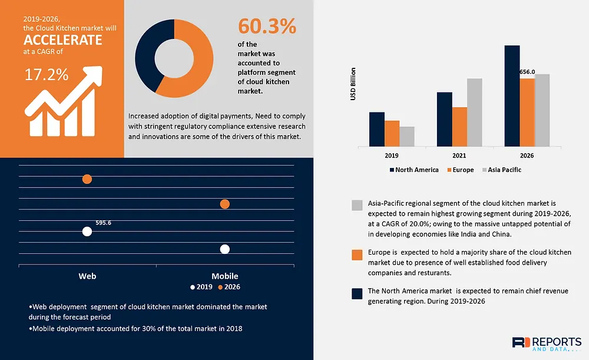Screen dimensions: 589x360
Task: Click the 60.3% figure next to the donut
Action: [267, 27]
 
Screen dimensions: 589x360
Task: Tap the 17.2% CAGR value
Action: [47, 75]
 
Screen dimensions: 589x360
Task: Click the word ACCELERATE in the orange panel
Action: [63, 40]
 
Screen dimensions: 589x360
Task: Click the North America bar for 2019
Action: [377, 129]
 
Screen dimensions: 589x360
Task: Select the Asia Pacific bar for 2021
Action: [474, 113]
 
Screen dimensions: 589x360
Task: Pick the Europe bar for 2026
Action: [527, 113]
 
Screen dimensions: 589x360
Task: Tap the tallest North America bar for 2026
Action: [512, 96]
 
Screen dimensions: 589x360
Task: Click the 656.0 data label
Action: [527, 72]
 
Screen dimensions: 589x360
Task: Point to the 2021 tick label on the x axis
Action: [459, 156]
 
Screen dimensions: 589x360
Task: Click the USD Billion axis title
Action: [353, 84]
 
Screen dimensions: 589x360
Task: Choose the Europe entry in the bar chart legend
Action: [461, 170]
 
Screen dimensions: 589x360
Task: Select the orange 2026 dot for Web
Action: [87, 179]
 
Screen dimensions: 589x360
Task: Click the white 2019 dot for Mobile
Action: [224, 249]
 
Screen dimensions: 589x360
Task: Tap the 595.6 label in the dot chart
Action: [103, 223]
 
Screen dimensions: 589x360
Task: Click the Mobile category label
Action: [224, 276]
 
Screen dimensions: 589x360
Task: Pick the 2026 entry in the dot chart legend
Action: [229, 287]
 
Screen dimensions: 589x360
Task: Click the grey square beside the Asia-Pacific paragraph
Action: [358, 205]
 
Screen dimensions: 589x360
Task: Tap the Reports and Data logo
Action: [547, 344]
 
